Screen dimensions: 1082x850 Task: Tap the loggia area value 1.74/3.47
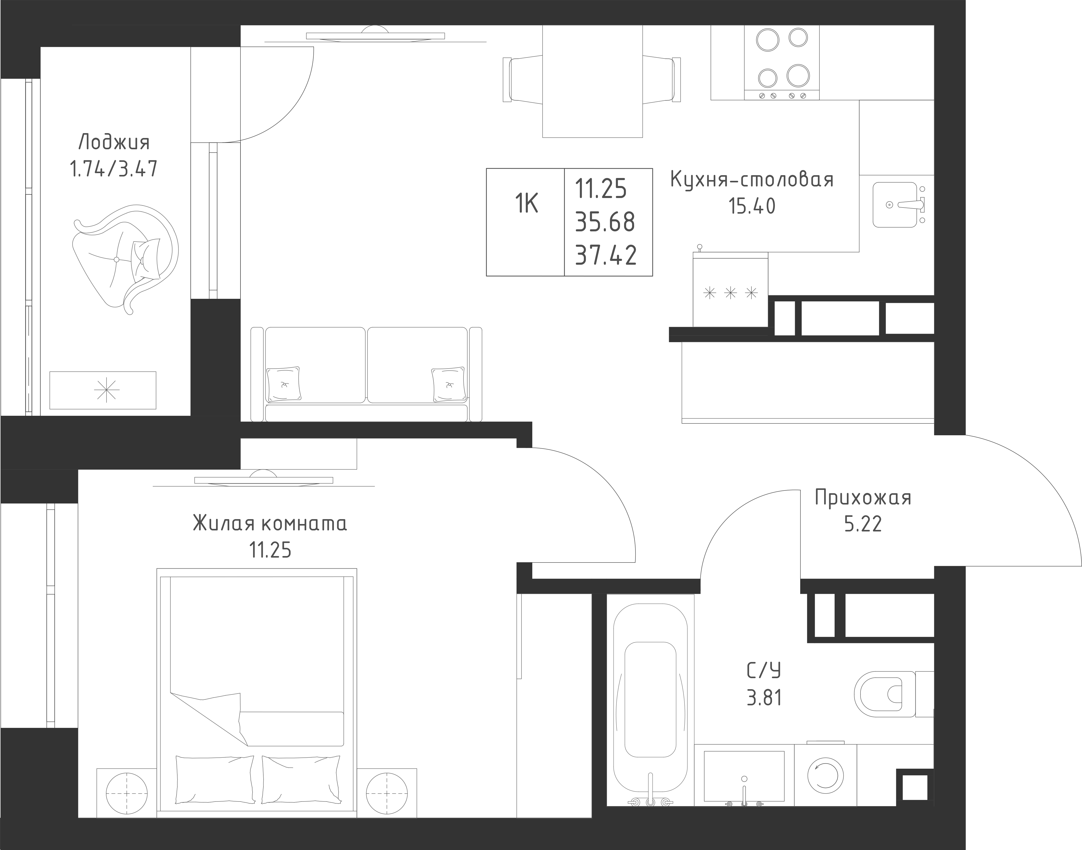click(114, 169)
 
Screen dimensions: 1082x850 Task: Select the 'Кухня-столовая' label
click(752, 180)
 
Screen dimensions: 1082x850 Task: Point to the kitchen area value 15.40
click(752, 205)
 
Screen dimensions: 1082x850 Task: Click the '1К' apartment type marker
click(526, 204)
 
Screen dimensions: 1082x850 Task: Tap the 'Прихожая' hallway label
click(863, 498)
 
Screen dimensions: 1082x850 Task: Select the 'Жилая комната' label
click(270, 524)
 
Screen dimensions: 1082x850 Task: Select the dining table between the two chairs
click(593, 81)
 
